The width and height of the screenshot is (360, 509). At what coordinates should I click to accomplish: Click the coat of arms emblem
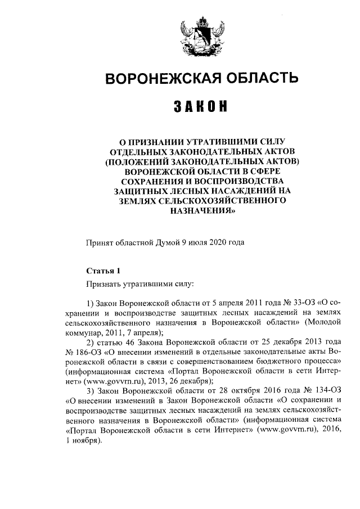[x=200, y=35]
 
